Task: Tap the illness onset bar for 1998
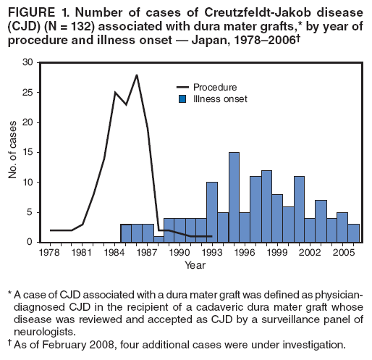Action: pyautogui.click(x=266, y=206)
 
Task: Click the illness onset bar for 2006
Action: pyautogui.click(x=353, y=233)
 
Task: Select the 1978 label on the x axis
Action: pyautogui.click(x=50, y=253)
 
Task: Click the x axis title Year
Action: pyautogui.click(x=195, y=265)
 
